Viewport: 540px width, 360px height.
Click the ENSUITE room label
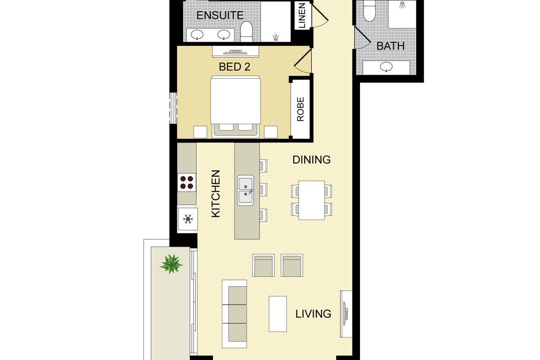pos(220,15)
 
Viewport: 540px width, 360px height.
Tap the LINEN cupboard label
pos(302,15)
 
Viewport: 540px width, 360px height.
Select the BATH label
pos(391,46)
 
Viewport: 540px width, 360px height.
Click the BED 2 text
pos(234,67)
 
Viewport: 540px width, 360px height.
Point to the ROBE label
pos(301,109)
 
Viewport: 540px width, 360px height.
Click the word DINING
pos(311,160)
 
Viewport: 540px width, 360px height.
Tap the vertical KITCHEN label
pos(216,193)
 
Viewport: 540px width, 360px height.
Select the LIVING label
pos(313,314)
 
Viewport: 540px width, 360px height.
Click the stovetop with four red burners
pos(187,183)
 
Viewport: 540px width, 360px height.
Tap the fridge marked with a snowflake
pos(188,219)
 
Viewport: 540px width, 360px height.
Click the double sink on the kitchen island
pos(246,190)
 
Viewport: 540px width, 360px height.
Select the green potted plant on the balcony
pos(171,264)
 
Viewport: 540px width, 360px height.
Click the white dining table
pos(311,200)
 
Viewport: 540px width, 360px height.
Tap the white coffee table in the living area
pos(278,314)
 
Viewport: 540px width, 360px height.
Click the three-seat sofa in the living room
pos(234,314)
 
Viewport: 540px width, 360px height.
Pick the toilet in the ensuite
pos(246,31)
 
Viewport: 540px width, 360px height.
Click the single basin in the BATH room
pos(386,67)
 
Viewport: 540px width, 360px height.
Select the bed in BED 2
pos(235,107)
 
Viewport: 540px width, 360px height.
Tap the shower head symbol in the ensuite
pos(275,37)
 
